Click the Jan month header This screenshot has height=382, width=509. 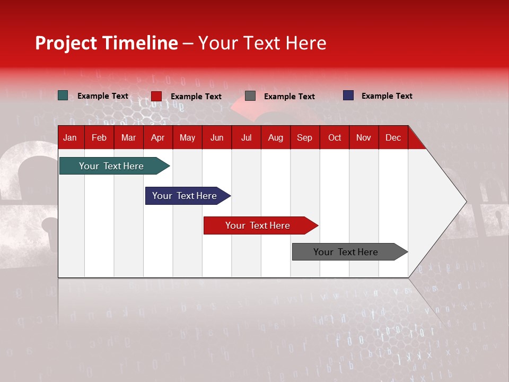(70, 137)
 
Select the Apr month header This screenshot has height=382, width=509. (157, 137)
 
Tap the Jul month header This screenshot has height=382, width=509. (246, 137)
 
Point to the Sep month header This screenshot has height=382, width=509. (304, 137)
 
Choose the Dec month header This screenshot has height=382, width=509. (393, 137)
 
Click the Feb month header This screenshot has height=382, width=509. (99, 137)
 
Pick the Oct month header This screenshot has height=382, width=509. (335, 137)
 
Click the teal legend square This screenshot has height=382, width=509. (63, 95)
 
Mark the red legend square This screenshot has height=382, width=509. (156, 96)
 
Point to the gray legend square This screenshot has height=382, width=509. (250, 96)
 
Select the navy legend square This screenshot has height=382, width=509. (348, 95)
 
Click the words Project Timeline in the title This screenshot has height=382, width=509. (107, 43)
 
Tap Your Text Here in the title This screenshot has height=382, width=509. (262, 43)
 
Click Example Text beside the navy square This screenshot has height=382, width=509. (387, 96)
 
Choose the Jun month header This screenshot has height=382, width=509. (217, 137)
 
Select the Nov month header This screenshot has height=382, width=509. (364, 137)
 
